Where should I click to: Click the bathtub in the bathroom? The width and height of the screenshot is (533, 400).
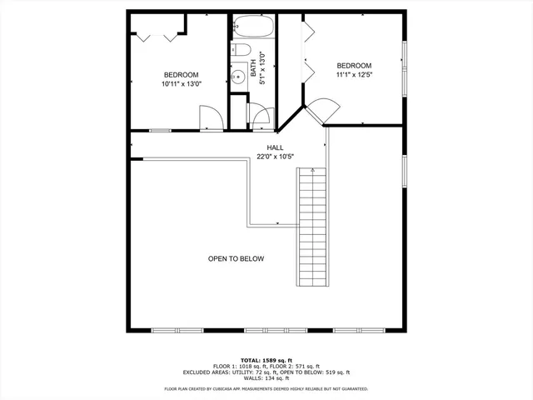tap(252, 27)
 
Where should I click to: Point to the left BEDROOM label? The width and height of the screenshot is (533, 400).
tap(181, 74)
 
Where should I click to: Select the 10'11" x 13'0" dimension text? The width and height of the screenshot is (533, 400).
tap(181, 84)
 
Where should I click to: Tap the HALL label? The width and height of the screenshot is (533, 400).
tap(275, 147)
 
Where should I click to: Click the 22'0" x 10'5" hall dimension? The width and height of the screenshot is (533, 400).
tap(276, 157)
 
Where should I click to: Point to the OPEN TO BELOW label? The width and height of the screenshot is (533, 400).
tap(236, 259)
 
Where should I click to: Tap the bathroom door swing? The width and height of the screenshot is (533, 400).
tap(261, 115)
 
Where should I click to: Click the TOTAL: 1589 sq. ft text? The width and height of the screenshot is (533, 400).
tap(266, 359)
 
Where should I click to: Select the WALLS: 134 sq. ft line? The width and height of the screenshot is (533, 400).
tap(266, 379)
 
